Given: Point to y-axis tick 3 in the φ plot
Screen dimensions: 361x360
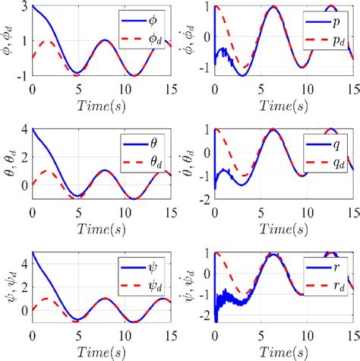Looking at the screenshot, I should click(24, 7).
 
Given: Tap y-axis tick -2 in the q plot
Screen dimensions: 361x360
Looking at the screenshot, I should click(207, 198).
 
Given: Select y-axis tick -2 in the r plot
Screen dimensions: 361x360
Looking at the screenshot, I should click(207, 321).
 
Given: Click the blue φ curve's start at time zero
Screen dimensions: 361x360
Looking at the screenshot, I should click(33, 7).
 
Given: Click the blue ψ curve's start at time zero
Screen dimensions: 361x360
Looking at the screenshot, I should click(33, 252).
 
